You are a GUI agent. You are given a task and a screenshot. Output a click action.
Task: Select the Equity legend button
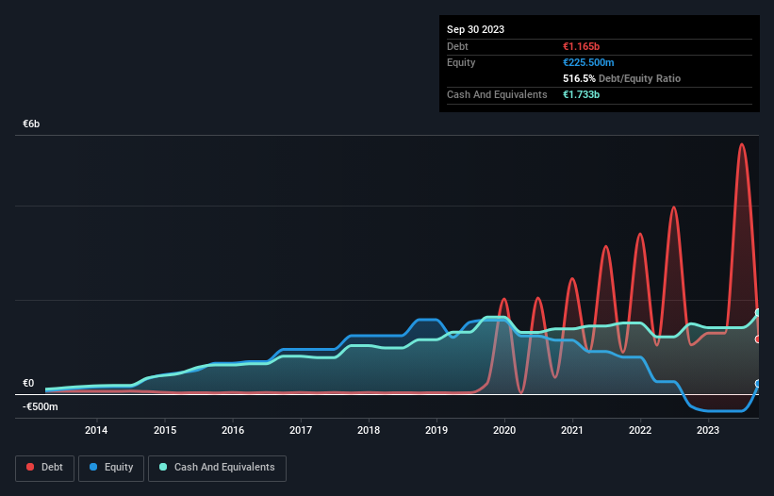point(112,467)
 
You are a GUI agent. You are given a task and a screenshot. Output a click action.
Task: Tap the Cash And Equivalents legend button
point(217,467)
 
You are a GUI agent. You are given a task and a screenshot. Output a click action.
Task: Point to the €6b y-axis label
point(32,124)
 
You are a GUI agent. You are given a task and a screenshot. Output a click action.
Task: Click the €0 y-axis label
point(28,384)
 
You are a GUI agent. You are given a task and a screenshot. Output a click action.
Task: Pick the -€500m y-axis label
point(41,407)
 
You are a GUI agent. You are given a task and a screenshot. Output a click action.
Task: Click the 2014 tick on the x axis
point(96,431)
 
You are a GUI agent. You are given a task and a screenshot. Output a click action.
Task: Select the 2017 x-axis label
point(301,431)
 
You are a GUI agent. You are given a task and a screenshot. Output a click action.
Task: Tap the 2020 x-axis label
point(504,431)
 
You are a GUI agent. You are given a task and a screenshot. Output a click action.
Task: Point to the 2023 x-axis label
point(709,431)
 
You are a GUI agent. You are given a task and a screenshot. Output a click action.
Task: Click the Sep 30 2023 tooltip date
point(475,29)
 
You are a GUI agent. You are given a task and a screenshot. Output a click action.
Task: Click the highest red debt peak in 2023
point(742,144)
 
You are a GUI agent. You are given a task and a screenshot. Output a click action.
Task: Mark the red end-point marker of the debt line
point(758,339)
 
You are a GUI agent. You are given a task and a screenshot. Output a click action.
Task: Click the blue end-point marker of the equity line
point(758,384)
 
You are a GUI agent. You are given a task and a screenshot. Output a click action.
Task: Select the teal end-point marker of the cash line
point(758,313)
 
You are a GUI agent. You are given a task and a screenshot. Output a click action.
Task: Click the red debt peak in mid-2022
point(673,207)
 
